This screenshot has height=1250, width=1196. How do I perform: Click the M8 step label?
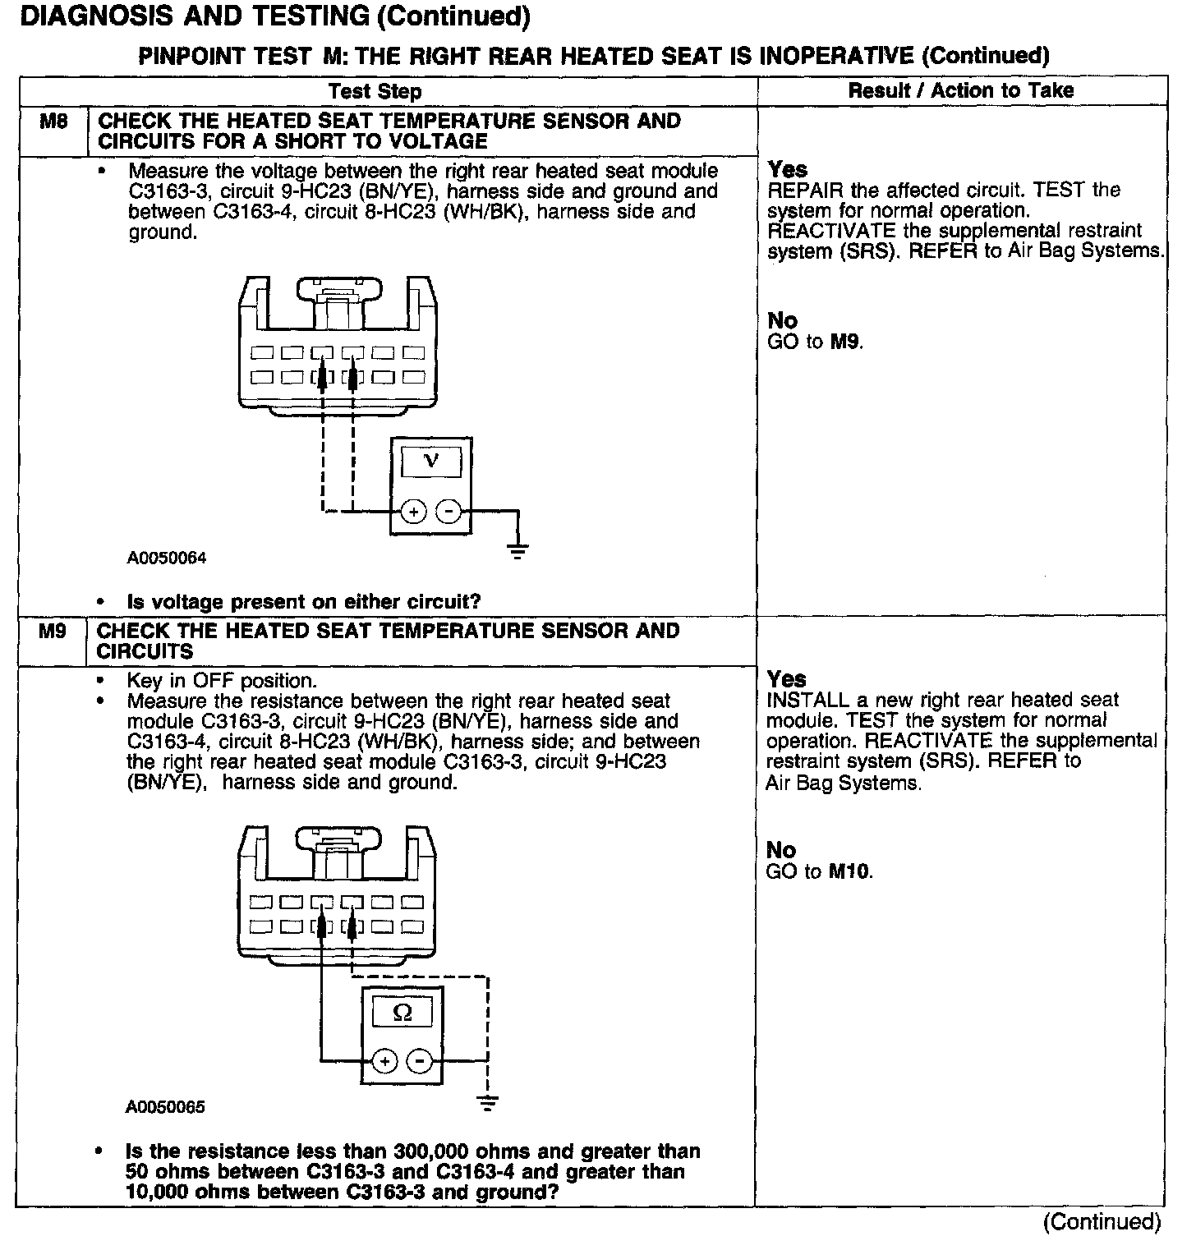(x=53, y=122)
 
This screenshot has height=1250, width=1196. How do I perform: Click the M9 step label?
(x=53, y=632)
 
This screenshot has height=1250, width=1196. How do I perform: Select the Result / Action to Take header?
(x=960, y=90)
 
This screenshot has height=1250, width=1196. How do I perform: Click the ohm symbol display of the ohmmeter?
(x=402, y=1012)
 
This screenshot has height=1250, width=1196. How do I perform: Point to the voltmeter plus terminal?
(x=414, y=512)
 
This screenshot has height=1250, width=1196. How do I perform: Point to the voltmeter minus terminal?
(x=448, y=512)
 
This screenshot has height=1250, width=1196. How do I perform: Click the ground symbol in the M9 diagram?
(x=488, y=1101)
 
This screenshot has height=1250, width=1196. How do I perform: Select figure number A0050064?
(x=166, y=558)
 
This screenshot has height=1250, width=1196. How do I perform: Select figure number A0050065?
(x=165, y=1107)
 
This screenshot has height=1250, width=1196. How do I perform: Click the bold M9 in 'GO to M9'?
(x=844, y=341)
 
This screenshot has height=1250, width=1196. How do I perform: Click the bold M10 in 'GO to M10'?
(x=849, y=871)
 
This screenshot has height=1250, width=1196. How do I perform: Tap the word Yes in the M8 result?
(x=787, y=169)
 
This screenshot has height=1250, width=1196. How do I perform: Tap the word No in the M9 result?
(x=780, y=850)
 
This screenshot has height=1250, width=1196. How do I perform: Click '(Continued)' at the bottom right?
(x=1102, y=1222)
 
